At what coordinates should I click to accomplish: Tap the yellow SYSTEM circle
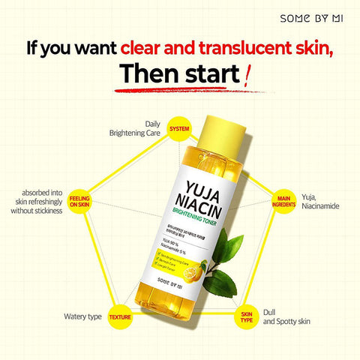point(179,128)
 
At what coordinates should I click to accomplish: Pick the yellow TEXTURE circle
point(119,317)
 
